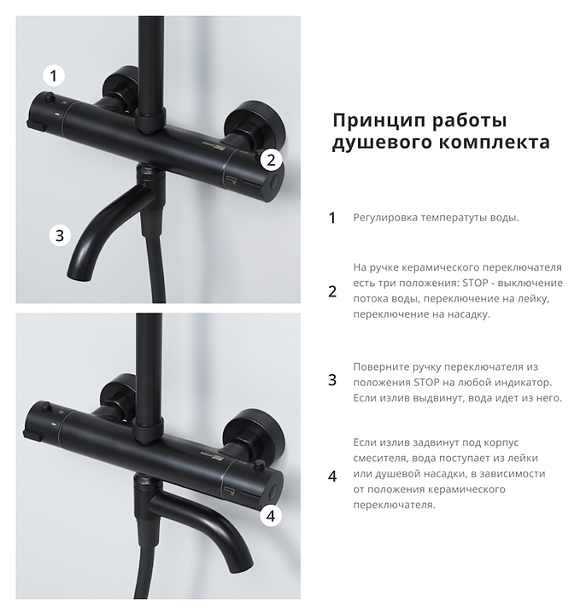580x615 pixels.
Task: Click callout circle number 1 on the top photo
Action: tap(53, 75)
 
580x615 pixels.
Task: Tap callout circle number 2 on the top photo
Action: tap(271, 160)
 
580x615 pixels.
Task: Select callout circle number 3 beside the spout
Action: tap(60, 236)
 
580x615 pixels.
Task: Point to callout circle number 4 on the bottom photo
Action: tap(271, 516)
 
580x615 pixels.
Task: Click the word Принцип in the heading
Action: tap(379, 120)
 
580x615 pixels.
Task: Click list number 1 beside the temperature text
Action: tap(332, 218)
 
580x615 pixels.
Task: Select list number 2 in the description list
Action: tap(332, 291)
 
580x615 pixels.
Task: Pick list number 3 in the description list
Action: tap(332, 380)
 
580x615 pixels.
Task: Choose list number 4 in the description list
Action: tap(332, 476)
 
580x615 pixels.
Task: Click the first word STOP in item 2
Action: tap(475, 283)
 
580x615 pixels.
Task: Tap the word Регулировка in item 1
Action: tap(384, 218)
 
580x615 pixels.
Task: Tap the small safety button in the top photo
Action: tap(49, 97)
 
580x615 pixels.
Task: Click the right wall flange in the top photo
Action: tap(254, 125)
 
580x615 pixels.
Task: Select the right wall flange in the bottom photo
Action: tap(254, 432)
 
